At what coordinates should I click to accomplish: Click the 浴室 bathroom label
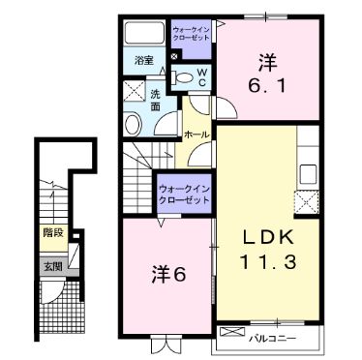[143, 60]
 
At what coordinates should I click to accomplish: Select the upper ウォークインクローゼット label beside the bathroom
[192, 36]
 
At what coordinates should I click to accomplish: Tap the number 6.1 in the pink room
[268, 83]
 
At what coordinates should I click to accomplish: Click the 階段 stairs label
[51, 233]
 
